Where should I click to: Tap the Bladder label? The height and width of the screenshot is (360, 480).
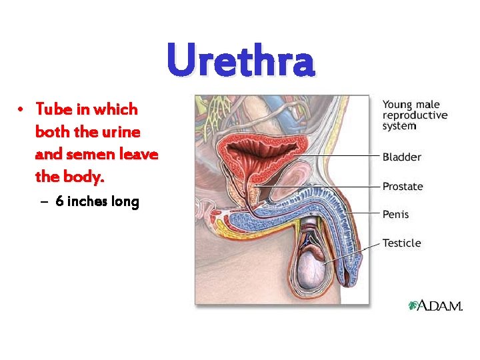401,157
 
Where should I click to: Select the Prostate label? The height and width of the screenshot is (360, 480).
403,187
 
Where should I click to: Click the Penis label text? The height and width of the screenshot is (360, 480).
396,215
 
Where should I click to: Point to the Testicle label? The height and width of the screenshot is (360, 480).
401,243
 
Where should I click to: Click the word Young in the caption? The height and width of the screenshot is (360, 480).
397,105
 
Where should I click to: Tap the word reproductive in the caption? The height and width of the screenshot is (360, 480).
415,115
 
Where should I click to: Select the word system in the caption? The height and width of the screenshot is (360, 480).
399,125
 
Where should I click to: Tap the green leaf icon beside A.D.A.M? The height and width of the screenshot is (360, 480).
413,305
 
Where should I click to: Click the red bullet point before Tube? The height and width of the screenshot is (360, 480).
22,109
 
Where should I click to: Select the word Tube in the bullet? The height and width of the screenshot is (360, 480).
51,109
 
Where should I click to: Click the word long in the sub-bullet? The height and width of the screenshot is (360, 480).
126,201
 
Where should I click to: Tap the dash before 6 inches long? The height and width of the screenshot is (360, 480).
44,202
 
